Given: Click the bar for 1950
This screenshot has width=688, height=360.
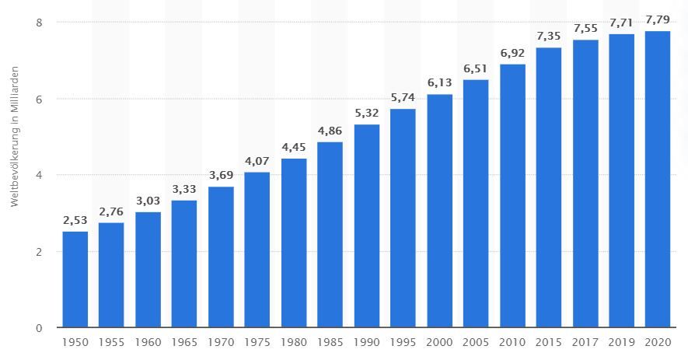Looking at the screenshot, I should (75, 279).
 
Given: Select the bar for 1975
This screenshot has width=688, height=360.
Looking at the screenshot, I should (257, 250).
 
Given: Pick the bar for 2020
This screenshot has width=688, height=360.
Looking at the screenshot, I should (658, 179).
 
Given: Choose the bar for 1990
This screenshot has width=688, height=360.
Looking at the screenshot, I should (366, 225).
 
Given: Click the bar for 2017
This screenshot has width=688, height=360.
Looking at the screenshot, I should (585, 183).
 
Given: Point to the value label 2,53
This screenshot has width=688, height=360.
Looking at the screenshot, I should (75, 220).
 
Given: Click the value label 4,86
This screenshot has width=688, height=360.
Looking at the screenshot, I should (330, 131).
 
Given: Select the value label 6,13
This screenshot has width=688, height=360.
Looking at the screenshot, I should (439, 82).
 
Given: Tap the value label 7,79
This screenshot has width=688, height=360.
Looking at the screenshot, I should (658, 19).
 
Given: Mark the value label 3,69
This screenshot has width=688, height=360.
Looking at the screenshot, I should (220, 175).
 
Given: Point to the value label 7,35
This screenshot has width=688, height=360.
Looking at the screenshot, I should (548, 36).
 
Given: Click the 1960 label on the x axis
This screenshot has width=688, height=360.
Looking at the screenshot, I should (148, 342).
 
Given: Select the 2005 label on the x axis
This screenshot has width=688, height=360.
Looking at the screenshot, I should (475, 342).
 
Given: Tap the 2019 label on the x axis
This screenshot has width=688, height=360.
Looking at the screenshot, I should (621, 342).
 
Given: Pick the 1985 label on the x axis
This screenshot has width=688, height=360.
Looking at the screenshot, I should (330, 342).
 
